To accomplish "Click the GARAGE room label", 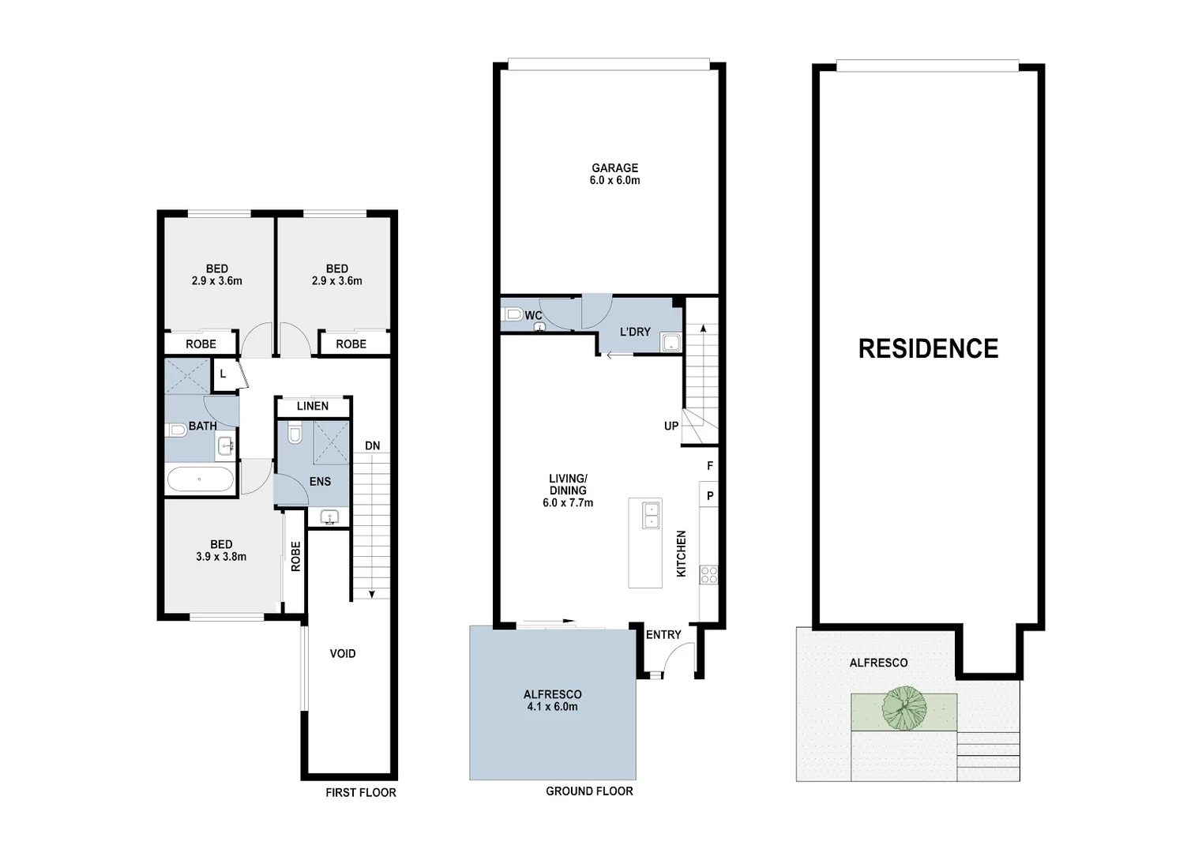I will coord(614,167).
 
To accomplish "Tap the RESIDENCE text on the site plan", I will coord(928,348).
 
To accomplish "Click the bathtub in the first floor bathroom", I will coord(201,479).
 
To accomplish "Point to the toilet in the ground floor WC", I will coord(513,314).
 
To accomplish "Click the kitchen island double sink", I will coord(652,514).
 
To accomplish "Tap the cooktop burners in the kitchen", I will coord(708,575).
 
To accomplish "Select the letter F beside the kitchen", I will coord(710,467).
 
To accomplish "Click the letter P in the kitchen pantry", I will coord(710,496).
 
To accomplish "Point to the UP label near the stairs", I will coord(671,426).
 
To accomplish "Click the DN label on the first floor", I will coord(372,446).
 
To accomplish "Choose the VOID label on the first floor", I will coord(343,653).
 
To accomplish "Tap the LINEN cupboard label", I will coord(312,406).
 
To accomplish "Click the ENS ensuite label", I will coord(320,481).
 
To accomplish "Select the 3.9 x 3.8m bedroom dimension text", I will coord(221,556).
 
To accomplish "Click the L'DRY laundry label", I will coord(635,332).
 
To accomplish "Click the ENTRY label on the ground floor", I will coord(663,634).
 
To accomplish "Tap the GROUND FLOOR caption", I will coord(589,791).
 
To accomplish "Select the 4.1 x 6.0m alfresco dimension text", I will coord(553,706).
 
